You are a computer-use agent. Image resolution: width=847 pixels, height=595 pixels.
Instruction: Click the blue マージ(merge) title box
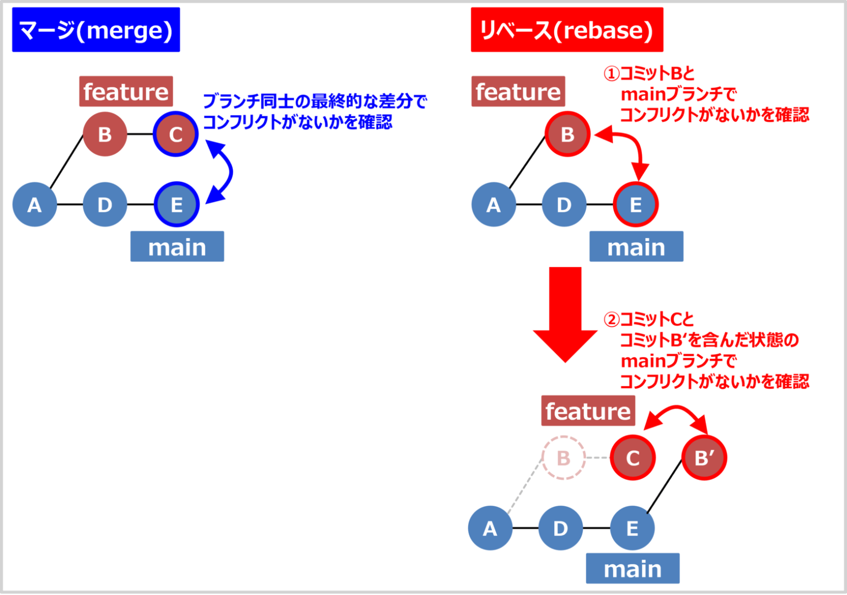click(96, 30)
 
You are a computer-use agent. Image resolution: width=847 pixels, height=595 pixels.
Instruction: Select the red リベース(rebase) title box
click(566, 30)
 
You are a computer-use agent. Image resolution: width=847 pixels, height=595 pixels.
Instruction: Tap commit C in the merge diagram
click(175, 134)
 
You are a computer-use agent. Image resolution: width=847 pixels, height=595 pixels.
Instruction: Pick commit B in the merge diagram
click(105, 134)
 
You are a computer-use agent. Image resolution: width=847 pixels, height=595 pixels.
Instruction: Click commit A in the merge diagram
click(34, 204)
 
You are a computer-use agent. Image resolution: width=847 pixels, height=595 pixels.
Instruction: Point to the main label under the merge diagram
click(177, 246)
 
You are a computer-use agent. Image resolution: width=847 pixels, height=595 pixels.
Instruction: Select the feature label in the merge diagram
click(126, 91)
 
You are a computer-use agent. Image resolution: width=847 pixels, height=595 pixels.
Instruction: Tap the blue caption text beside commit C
click(314, 111)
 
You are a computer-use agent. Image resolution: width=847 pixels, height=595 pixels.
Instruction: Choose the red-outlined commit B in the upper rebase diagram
click(567, 134)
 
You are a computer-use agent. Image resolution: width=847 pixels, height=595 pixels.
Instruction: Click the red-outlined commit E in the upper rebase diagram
click(635, 204)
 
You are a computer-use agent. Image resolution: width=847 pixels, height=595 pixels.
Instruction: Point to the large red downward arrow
click(565, 314)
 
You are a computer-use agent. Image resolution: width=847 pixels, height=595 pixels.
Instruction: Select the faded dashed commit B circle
click(563, 458)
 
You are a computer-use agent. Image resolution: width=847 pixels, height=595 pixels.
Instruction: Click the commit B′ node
click(704, 458)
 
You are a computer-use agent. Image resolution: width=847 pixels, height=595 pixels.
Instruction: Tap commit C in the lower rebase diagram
click(632, 458)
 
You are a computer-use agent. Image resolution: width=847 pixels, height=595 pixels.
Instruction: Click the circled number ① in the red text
click(611, 74)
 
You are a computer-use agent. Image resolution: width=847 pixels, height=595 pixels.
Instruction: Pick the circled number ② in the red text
click(611, 320)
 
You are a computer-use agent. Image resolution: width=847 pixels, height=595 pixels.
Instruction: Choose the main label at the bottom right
click(632, 568)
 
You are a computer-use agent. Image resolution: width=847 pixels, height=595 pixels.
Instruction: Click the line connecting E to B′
click(664, 486)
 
